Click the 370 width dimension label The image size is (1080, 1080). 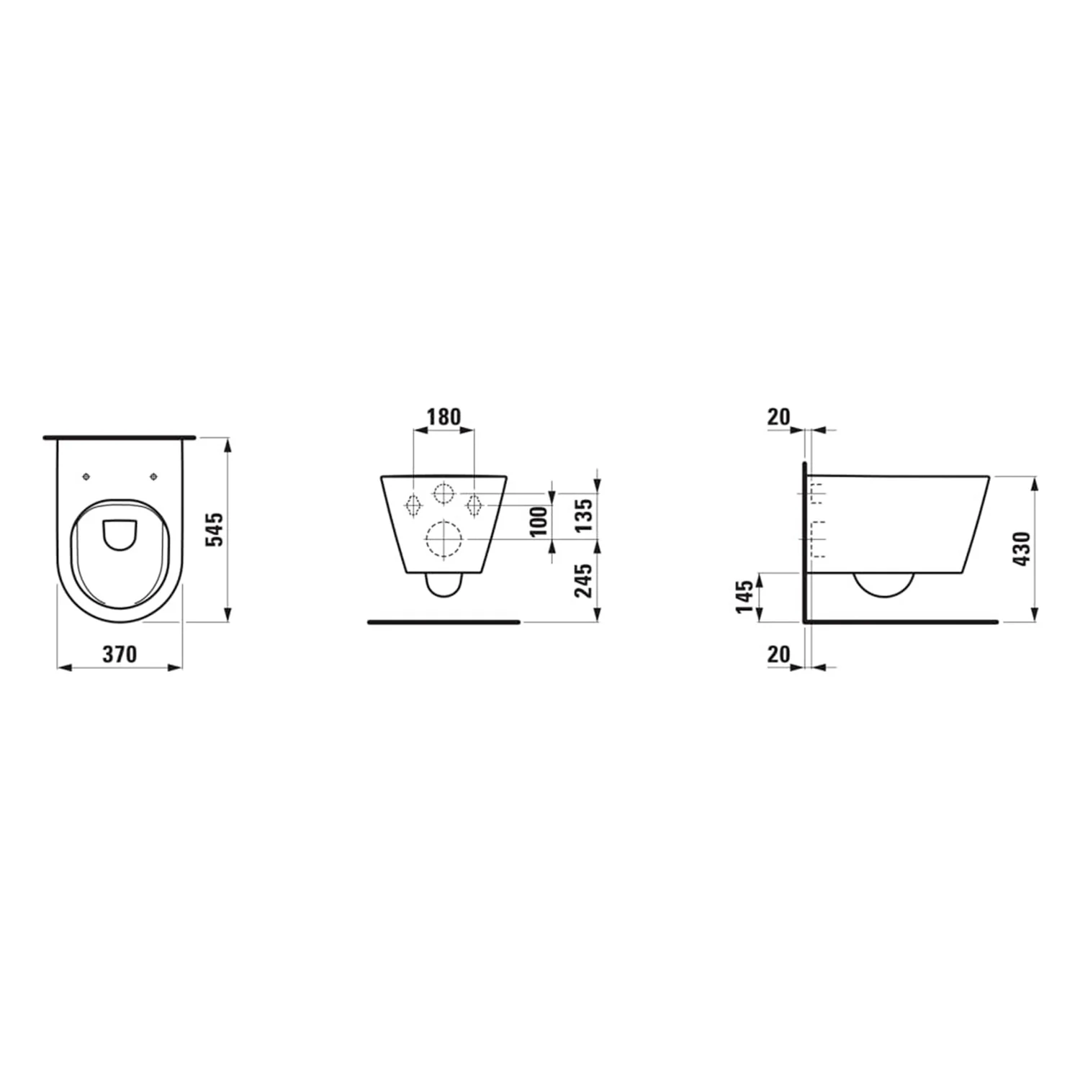click(120, 654)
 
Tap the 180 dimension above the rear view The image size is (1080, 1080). click(444, 417)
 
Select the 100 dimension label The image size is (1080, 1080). click(539, 521)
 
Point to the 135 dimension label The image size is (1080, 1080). click(584, 513)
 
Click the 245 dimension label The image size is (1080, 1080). click(584, 580)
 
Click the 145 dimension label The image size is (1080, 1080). click(745, 596)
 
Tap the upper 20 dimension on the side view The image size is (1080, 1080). click(778, 417)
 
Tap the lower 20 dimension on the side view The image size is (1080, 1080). click(778, 654)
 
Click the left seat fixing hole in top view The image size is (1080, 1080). click(86, 477)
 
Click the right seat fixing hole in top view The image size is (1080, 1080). click(153, 477)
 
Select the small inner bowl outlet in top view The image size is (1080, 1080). click(120, 534)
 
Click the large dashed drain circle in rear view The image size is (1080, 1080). click(444, 539)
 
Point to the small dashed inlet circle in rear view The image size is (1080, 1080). click(444, 493)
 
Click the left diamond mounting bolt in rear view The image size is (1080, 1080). click(413, 505)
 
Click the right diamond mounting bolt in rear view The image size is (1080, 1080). click(474, 505)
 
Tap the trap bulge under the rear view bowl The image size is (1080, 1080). click(444, 586)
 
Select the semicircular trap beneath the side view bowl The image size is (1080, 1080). click(883, 585)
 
